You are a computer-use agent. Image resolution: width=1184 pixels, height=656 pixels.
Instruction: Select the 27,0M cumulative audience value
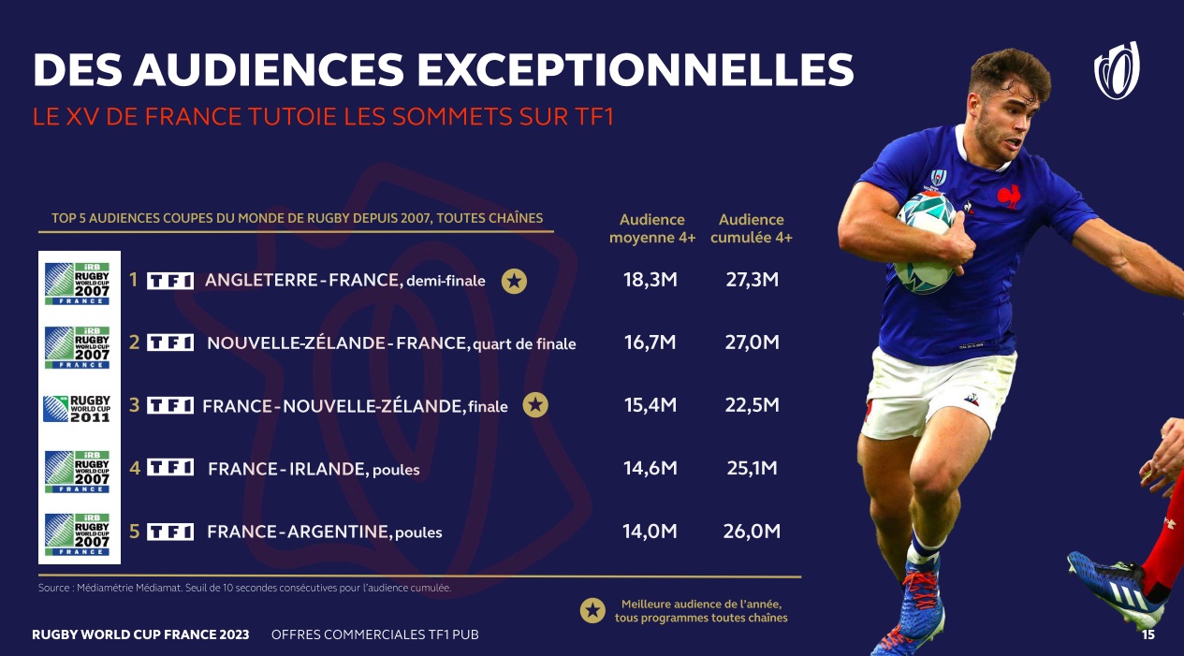pos(752,343)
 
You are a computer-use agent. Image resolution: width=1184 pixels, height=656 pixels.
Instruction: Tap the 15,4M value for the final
pos(650,405)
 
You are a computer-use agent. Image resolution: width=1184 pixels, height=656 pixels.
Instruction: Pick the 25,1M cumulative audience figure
pos(752,468)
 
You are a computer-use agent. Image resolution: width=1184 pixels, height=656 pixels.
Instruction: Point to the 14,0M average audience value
pos(650,532)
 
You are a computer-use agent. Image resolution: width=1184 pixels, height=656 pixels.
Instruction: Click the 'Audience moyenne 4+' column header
pos(652,228)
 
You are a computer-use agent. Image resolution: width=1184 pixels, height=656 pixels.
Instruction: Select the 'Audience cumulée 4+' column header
pos(752,228)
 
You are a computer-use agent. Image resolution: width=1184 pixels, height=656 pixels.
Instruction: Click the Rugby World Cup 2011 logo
pos(79,407)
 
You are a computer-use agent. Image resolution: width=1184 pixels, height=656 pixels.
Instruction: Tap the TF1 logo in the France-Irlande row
pos(170,468)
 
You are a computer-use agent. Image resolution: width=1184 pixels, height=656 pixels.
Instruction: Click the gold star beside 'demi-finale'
pos(513,280)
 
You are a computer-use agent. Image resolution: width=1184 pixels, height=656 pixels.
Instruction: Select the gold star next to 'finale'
pos(535,405)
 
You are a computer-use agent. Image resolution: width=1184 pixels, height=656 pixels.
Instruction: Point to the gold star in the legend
pos(592,611)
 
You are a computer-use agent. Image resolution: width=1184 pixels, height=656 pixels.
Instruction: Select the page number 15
pos(1147,635)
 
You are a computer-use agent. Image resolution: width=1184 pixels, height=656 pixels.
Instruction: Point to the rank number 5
pos(135,532)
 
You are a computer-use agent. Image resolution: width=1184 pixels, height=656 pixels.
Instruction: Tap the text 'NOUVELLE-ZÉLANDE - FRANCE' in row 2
pos(337,343)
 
